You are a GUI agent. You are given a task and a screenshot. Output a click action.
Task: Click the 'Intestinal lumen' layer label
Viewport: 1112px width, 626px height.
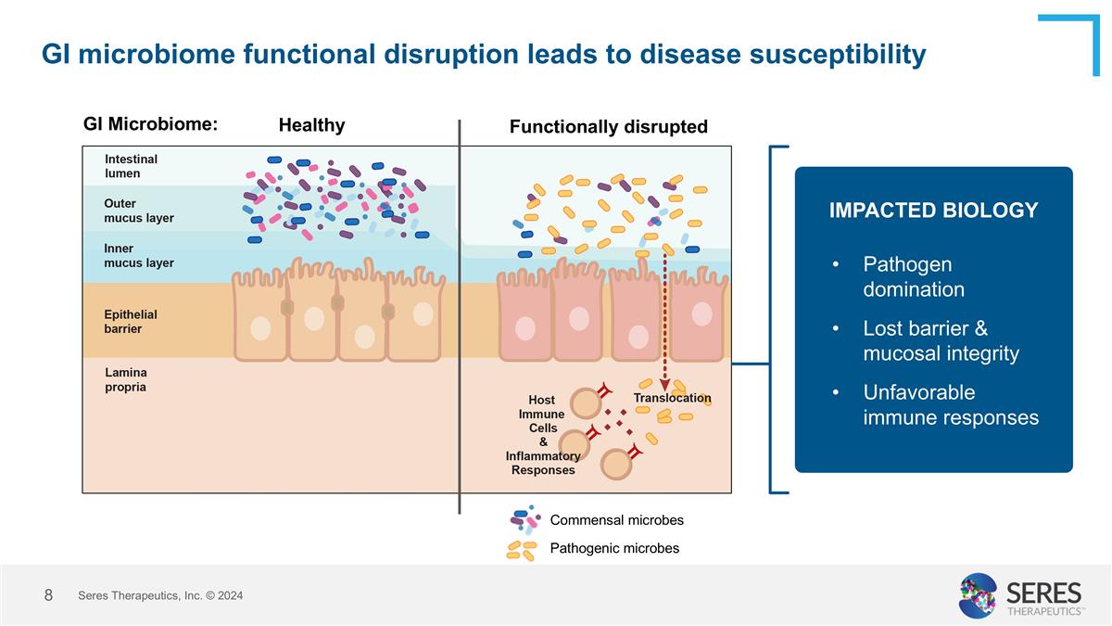pos(131,166)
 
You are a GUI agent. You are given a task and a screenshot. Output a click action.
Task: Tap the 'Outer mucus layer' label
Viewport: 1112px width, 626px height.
pos(138,211)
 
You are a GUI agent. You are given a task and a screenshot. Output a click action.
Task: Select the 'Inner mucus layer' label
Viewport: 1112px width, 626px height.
pos(138,255)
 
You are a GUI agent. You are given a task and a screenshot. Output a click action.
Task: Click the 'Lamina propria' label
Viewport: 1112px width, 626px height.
pos(125,379)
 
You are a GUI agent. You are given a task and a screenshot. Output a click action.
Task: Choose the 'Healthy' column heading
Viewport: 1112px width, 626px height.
pos(311,125)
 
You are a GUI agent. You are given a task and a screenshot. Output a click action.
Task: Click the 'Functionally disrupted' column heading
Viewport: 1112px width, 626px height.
pos(608,127)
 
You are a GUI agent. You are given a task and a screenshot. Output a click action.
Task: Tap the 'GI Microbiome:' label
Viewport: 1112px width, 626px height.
pos(150,124)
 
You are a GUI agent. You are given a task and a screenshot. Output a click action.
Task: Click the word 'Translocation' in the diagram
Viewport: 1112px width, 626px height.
pos(672,398)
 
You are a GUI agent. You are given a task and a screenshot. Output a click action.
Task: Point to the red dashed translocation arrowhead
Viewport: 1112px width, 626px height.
pos(664,385)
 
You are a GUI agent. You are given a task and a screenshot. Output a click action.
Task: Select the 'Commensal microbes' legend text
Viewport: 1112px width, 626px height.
pos(616,520)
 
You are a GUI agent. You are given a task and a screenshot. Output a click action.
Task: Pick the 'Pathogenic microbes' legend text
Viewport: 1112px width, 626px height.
pos(614,548)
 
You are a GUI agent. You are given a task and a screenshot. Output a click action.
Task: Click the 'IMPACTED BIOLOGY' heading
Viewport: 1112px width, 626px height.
pos(933,211)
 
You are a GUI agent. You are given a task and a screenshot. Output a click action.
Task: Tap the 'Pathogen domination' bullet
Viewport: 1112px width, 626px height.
pos(913,276)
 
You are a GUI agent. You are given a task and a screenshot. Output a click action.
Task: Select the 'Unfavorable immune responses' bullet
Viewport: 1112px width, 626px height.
pos(950,404)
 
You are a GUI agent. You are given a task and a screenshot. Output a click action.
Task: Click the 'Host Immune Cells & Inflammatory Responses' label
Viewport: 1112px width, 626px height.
pos(543,435)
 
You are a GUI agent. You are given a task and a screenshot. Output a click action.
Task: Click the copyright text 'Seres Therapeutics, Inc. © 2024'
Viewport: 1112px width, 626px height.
pos(160,595)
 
